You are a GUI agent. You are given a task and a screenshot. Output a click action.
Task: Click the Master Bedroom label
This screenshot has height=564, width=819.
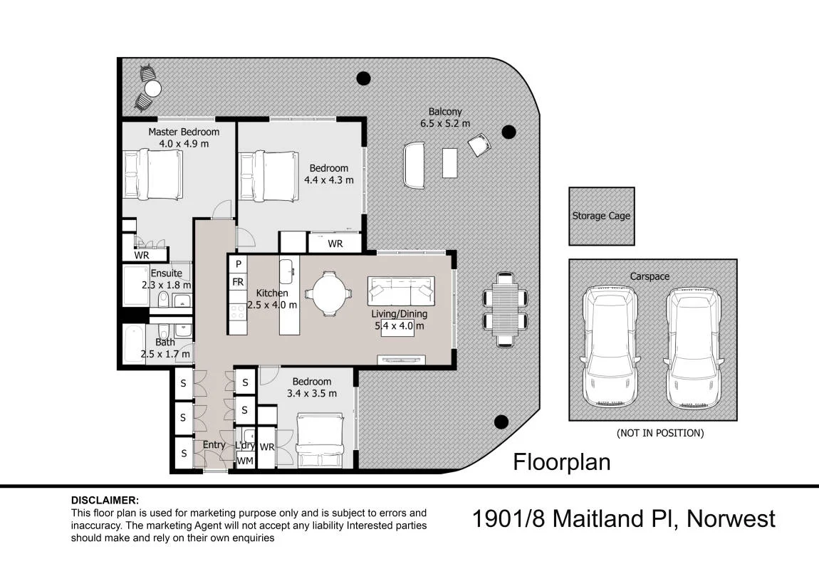coord(183,132)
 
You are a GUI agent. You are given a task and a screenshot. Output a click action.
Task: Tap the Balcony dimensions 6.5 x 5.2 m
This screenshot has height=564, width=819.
coord(445,124)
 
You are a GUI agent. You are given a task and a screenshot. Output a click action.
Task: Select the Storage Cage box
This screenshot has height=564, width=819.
coord(602,216)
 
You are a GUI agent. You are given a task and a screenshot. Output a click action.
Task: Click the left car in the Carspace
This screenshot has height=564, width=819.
coord(610,347)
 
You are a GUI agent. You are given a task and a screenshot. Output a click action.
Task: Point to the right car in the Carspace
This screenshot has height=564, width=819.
coord(693,348)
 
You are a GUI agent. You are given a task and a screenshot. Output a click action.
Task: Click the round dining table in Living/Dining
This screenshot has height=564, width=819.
coord(328,293)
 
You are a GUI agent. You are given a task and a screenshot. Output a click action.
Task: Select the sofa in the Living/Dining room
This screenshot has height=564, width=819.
coord(401,291)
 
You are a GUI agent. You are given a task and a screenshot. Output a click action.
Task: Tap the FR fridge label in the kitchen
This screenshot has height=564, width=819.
coord(238,282)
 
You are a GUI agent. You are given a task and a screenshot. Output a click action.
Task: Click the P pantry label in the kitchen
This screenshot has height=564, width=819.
coord(238,264)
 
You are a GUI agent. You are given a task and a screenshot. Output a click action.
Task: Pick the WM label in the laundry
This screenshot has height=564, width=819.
coord(245,461)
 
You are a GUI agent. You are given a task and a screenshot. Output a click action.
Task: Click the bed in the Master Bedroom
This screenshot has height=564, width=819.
coord(153,174)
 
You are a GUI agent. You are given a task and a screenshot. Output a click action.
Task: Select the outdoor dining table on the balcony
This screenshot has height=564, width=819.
coord(505,310)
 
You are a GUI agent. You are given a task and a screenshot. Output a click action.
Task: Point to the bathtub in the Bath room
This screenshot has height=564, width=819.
coord(134,343)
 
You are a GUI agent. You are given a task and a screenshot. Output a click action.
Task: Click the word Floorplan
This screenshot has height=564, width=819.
coord(561,462)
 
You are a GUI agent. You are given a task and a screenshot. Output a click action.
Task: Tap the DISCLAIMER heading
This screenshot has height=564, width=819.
coord(105,501)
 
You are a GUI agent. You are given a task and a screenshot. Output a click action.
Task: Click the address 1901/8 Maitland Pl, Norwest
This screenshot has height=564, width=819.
coord(624,518)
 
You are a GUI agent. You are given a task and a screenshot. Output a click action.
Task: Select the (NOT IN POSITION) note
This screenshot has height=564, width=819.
coord(660,433)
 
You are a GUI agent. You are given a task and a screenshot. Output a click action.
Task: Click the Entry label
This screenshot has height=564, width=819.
coord(214,445)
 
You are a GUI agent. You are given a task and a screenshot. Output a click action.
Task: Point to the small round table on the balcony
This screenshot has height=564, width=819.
coord(152,89)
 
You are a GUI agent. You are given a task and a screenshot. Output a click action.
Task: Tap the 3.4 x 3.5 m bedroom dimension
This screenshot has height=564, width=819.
coord(312,394)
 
